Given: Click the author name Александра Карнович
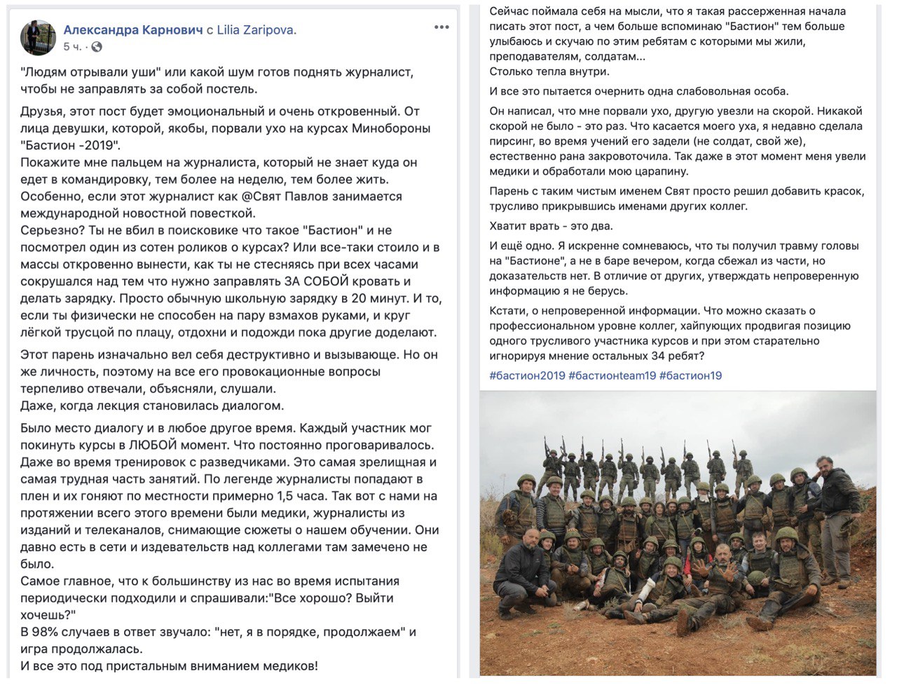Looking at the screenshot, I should coord(132,30).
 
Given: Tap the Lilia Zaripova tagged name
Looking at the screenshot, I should coord(256,30).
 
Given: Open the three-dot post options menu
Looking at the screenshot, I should coord(441,27).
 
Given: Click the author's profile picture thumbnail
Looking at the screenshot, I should coord(38,37).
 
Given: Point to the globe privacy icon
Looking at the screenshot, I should coord(97,47).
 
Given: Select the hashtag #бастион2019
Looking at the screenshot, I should coord(527,375).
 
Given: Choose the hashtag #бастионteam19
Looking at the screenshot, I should coord(612,375).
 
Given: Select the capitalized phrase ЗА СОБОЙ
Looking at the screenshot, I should coord(315,282).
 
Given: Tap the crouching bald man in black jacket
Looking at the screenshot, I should coord(522,571).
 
